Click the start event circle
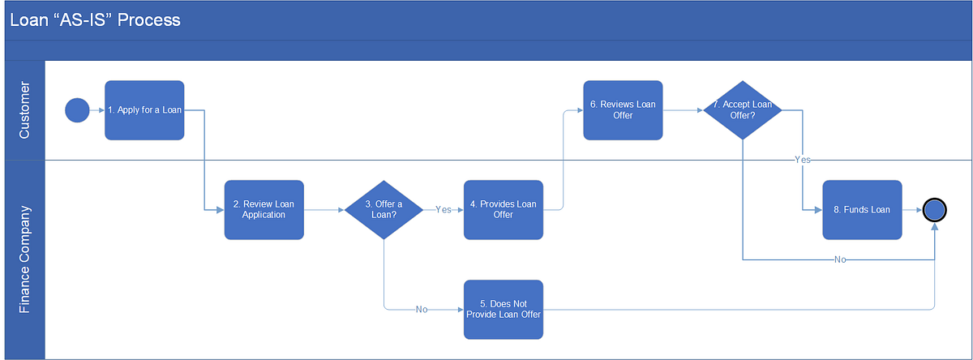[77, 110]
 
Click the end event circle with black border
[934, 210]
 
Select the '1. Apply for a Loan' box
[144, 110]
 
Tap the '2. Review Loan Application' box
[264, 210]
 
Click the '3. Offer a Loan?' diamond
[384, 210]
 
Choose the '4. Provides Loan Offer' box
[503, 210]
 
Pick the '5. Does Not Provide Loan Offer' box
[503, 310]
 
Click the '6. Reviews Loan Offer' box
[623, 110]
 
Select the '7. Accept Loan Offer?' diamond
[742, 110]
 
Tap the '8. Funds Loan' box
[862, 210]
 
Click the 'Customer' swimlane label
[24, 110]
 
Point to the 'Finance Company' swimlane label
[24, 259]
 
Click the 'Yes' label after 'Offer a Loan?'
[444, 210]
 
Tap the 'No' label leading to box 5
[422, 310]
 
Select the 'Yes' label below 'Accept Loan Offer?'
[802, 161]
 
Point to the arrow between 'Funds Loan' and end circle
[912, 210]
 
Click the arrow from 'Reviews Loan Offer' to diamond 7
[682, 110]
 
